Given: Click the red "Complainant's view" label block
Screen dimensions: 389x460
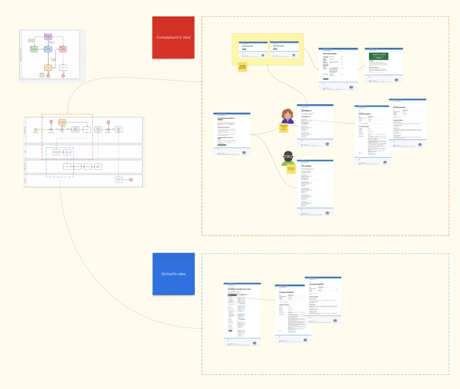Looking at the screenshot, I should click(x=173, y=37).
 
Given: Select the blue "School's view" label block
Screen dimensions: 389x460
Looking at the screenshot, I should click(x=173, y=274).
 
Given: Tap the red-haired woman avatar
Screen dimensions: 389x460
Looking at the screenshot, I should click(x=287, y=116).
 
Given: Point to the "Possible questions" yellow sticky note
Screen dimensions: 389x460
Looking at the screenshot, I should click(x=242, y=67).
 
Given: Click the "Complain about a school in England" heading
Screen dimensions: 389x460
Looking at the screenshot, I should click(x=226, y=120).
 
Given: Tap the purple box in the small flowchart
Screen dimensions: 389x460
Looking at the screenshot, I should click(x=48, y=37).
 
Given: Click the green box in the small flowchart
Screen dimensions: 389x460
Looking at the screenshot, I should click(x=33, y=49).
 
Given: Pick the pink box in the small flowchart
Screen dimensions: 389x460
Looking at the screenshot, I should click(x=63, y=49).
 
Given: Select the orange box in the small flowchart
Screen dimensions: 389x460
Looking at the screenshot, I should click(x=48, y=67).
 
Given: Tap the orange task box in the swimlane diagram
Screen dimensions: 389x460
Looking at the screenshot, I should click(x=62, y=122).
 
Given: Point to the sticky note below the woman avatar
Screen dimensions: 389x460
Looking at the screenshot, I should click(x=284, y=128).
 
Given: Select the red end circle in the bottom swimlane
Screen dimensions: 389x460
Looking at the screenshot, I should click(x=131, y=180).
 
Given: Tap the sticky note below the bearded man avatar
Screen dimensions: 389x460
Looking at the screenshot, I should click(x=291, y=169).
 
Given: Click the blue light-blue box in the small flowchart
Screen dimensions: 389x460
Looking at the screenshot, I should click(x=48, y=49).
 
